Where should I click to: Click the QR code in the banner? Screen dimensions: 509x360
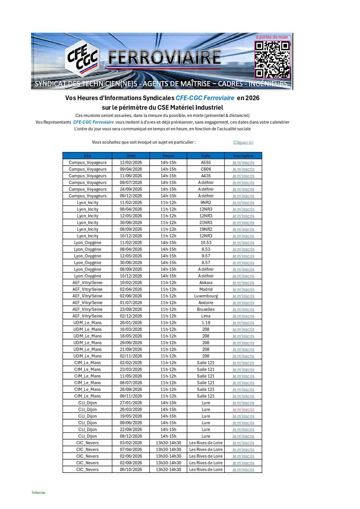pyautogui.click(x=272, y=59)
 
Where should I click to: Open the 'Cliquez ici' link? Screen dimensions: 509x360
pyautogui.click(x=243, y=142)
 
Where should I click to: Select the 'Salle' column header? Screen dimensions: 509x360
pyautogui.click(x=206, y=156)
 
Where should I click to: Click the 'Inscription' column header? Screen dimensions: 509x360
pyautogui.click(x=243, y=156)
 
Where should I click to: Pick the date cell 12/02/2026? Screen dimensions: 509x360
pyautogui.click(x=131, y=163)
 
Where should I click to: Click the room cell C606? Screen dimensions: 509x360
pyautogui.click(x=206, y=169)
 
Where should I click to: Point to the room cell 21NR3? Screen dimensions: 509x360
pyautogui.click(x=206, y=223)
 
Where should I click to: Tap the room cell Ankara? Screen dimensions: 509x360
pyautogui.click(x=206, y=283)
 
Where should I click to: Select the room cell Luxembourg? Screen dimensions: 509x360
pyautogui.click(x=206, y=296)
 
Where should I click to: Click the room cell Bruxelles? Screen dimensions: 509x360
pyautogui.click(x=206, y=309)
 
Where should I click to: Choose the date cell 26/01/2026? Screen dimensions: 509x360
pyautogui.click(x=131, y=323)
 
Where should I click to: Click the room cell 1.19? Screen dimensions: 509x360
pyautogui.click(x=206, y=323)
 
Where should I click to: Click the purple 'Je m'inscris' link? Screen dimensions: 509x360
pyautogui.click(x=243, y=409)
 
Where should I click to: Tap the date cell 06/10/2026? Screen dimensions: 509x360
pyautogui.click(x=131, y=469)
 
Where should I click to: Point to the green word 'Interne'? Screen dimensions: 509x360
pyautogui.click(x=38, y=493)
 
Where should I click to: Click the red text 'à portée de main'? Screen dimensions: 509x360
pyautogui.click(x=271, y=37)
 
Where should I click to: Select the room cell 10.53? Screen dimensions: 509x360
pyautogui.click(x=206, y=243)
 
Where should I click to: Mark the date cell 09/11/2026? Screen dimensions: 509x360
pyautogui.click(x=131, y=396)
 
